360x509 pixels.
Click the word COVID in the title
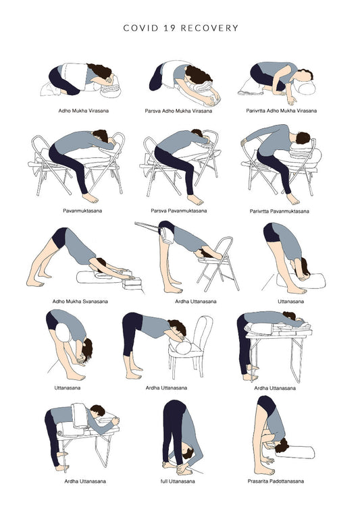click(x=140, y=28)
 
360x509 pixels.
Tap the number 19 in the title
click(x=172, y=28)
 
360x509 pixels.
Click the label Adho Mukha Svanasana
click(x=80, y=302)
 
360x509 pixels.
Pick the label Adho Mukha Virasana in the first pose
click(x=80, y=109)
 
